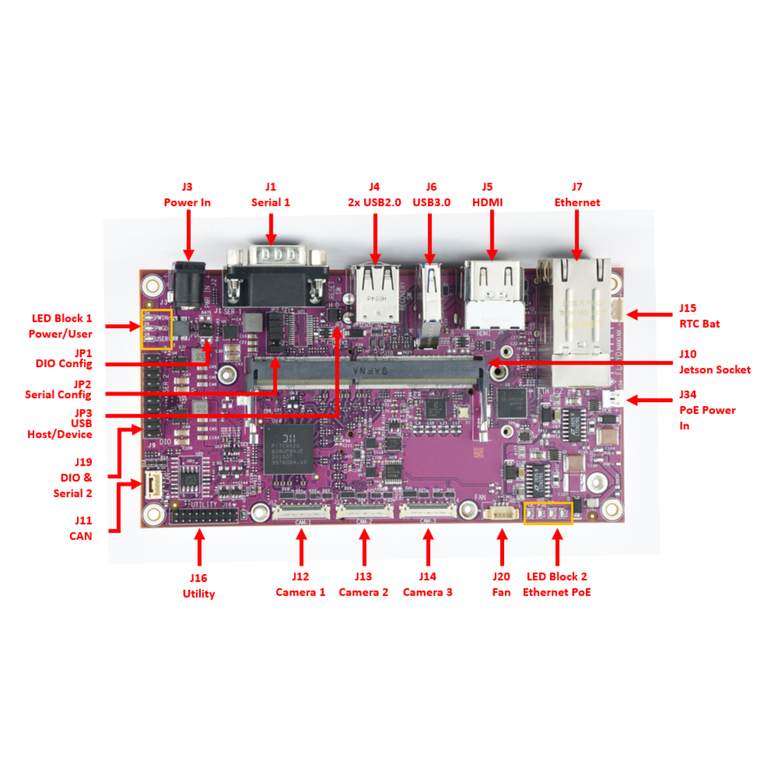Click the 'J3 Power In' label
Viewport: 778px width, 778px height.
(x=187, y=194)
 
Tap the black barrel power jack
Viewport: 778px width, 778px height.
(x=188, y=285)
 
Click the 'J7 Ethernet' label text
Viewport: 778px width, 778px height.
(x=577, y=194)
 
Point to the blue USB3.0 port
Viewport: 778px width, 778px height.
(x=429, y=303)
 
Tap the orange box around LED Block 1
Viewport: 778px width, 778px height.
(x=156, y=329)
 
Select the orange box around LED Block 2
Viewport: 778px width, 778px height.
(x=548, y=513)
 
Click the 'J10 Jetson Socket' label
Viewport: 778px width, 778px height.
(x=714, y=362)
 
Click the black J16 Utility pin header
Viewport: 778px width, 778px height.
(x=204, y=516)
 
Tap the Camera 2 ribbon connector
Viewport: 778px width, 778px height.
(x=364, y=512)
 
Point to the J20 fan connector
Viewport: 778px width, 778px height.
(x=501, y=513)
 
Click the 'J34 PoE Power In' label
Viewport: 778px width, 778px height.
(x=706, y=410)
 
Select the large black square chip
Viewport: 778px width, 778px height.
(x=288, y=449)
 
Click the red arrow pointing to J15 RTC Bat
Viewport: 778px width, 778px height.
(x=648, y=315)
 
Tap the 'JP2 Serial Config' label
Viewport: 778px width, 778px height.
(x=58, y=389)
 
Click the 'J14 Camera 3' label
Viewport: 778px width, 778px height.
(x=427, y=584)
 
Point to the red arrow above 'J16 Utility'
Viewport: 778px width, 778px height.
(x=199, y=547)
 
